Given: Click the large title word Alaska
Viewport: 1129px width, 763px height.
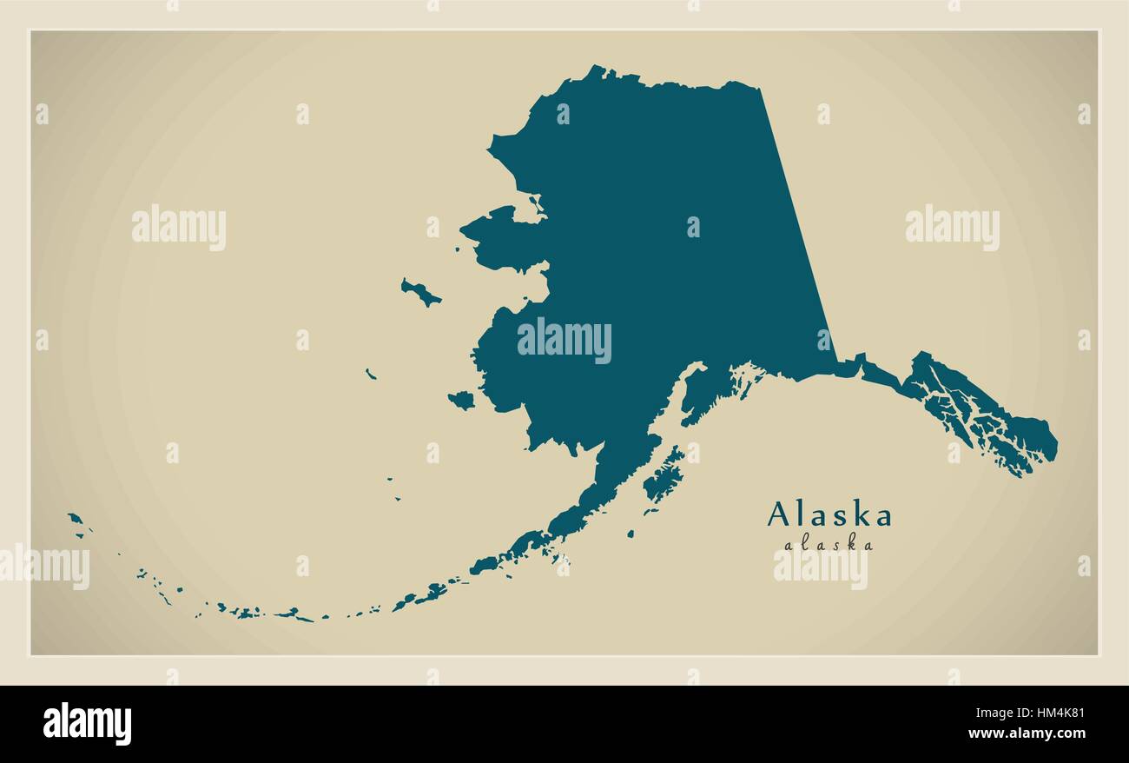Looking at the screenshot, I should point(829,515).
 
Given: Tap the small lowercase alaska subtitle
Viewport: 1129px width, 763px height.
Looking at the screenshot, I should point(829,546).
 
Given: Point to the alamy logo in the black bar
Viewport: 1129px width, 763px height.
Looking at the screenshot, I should point(87,723).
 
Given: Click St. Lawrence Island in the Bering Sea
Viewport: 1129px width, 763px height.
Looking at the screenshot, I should point(420,293).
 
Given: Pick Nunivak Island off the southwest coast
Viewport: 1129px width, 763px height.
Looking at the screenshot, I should point(461,400).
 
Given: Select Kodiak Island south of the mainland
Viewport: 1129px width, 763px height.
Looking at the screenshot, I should point(664,474).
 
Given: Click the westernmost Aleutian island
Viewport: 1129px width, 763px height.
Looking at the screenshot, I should point(76,519).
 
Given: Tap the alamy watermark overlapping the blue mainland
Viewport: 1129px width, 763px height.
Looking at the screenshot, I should point(564,340).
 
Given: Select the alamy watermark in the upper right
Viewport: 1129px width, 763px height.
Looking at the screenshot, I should point(952,228).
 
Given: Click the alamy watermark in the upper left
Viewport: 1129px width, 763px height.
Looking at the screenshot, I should point(179,228).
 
